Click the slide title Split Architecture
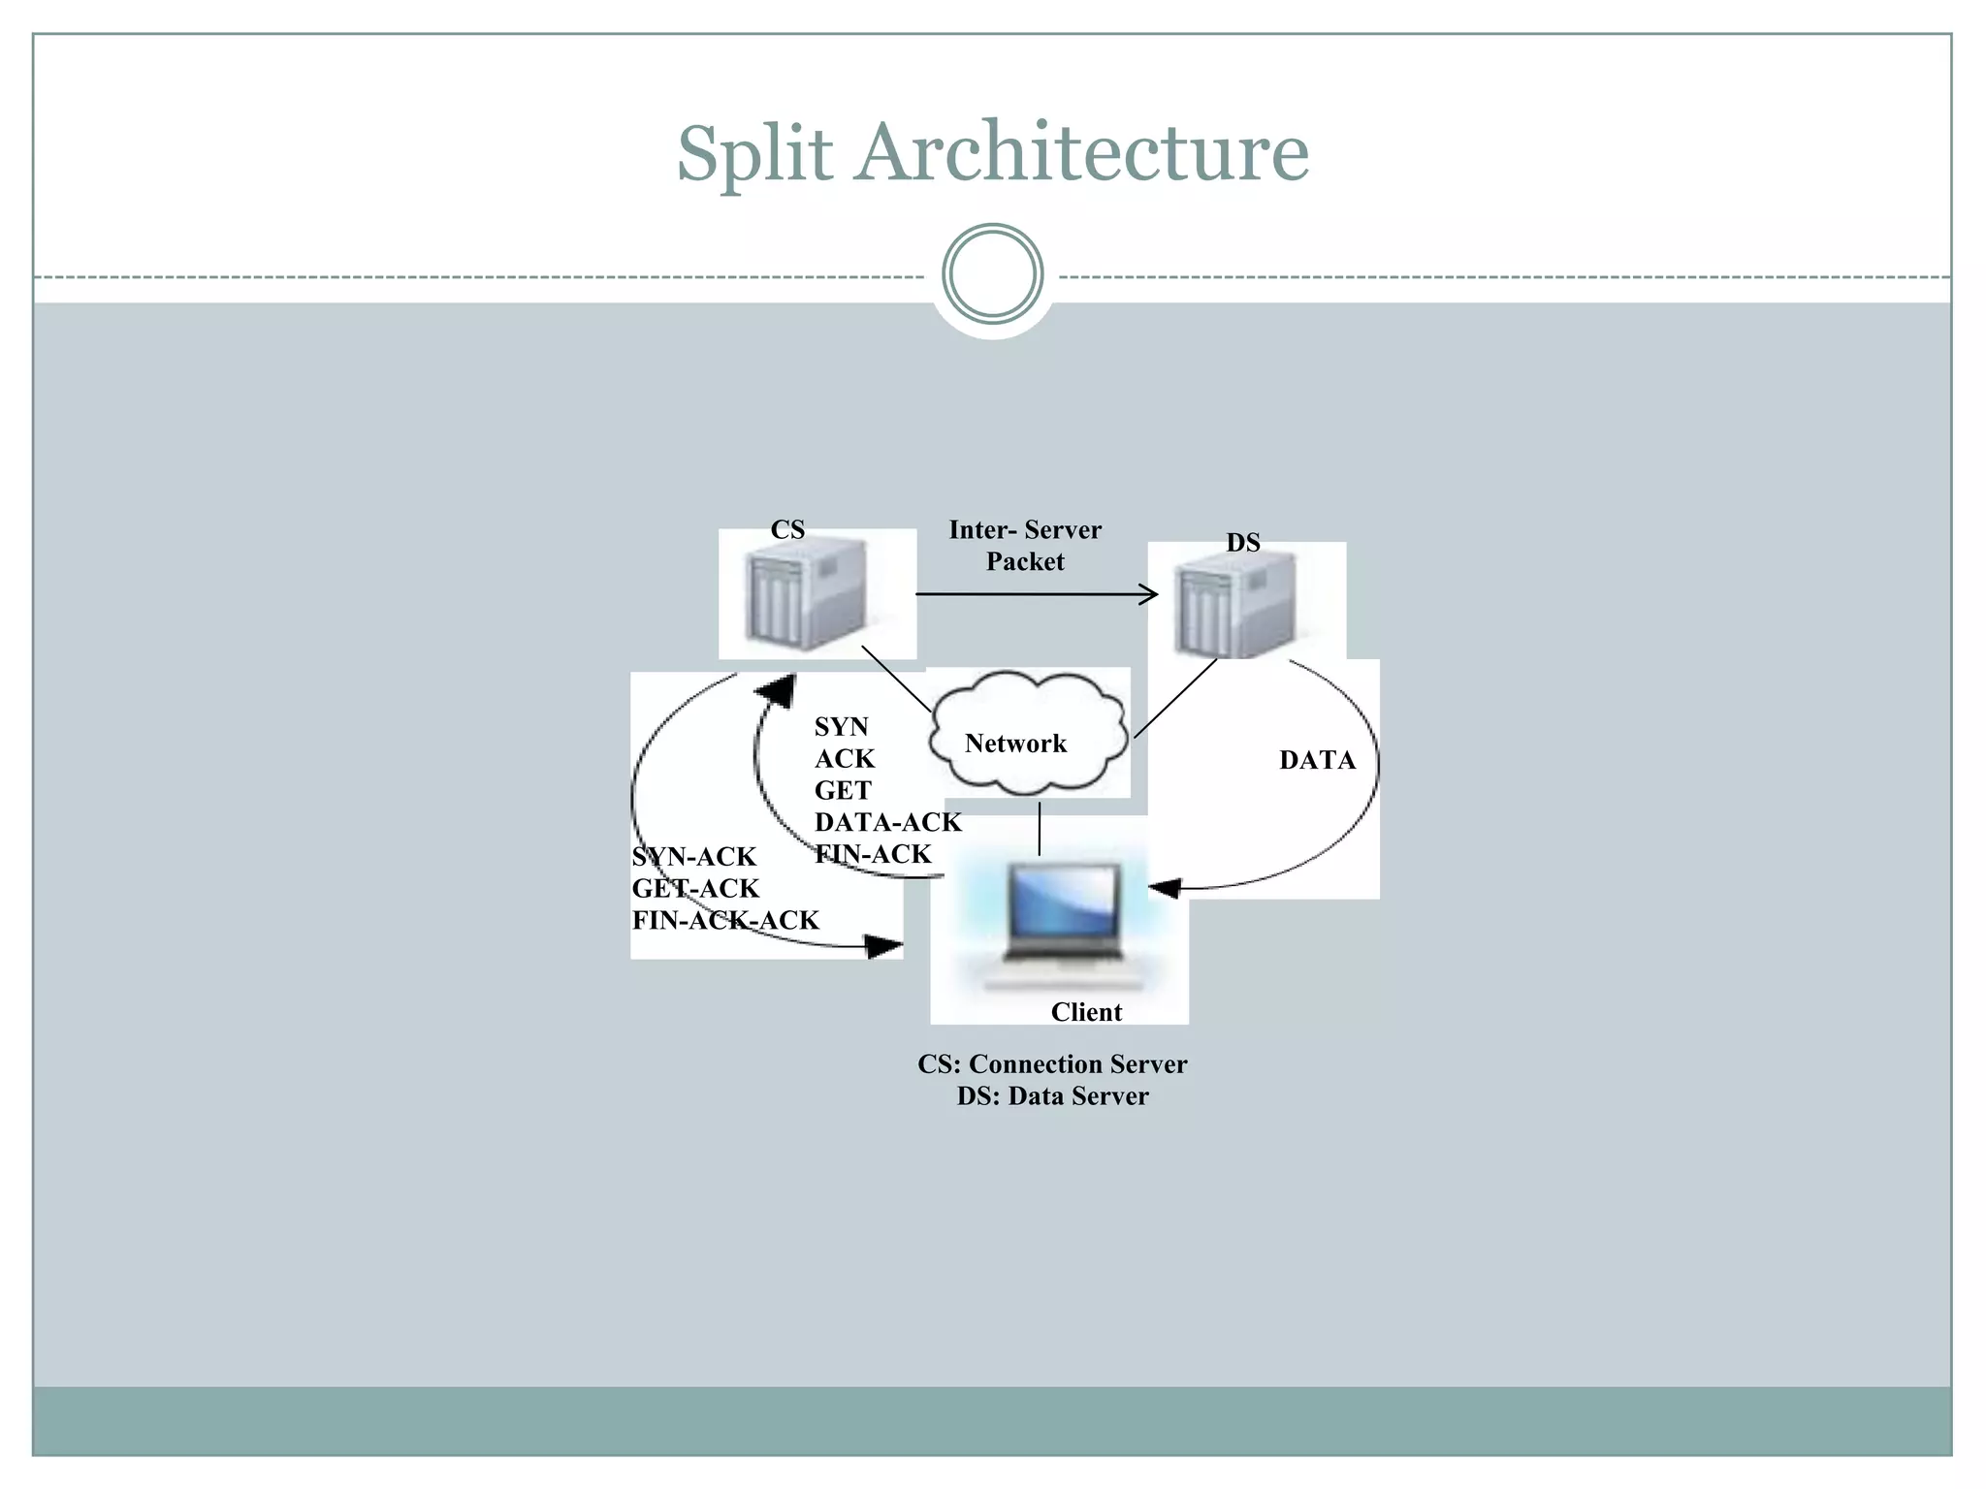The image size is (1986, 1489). point(992,152)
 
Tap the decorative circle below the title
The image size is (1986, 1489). point(992,274)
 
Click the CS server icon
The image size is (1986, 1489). point(804,598)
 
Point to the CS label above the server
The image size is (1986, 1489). point(787,529)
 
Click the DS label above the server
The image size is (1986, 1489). point(1242,543)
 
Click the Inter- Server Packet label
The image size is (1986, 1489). point(1025,546)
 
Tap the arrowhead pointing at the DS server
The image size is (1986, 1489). point(1150,593)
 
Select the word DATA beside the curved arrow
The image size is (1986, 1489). point(1317,760)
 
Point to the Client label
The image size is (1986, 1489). point(1086,1012)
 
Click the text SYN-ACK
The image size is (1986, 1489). point(693,857)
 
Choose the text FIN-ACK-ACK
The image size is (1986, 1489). point(725,920)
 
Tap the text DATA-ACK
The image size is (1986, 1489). point(887,822)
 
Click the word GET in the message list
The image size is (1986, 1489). point(842,790)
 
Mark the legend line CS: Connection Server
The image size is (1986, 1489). point(1052,1064)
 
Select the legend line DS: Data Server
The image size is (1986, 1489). point(1052,1096)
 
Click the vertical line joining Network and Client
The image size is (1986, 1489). point(1040,828)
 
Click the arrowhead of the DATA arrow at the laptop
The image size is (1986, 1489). point(1164,887)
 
